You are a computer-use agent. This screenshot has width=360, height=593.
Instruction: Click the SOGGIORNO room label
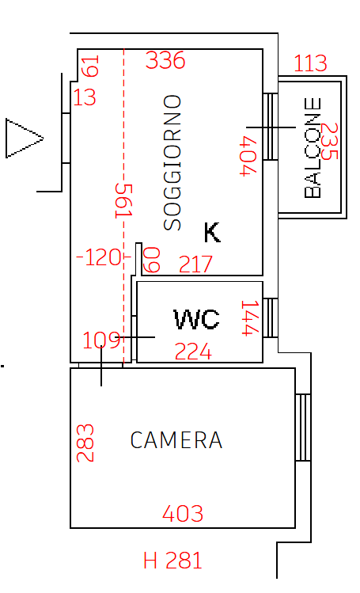tap(172, 162)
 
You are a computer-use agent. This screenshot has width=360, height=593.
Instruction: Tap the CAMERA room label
tap(176, 440)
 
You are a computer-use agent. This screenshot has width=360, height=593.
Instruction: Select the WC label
tap(196, 319)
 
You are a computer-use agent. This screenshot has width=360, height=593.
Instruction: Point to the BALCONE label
tap(313, 147)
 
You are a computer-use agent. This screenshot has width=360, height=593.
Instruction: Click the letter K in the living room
tap(212, 232)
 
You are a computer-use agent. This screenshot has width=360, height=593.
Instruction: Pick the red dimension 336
tap(165, 60)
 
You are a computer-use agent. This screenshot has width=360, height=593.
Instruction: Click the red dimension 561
tap(124, 201)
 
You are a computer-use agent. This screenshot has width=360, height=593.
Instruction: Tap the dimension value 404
tap(249, 156)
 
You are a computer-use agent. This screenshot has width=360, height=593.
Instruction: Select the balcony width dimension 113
tap(310, 63)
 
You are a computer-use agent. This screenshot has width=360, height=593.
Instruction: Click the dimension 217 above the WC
tap(195, 264)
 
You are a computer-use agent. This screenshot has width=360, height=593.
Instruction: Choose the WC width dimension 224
tap(193, 352)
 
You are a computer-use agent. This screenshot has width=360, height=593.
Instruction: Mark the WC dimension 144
tap(250, 318)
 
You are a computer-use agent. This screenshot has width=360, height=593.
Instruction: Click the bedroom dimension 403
tap(183, 514)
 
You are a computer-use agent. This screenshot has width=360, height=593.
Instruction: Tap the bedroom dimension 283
tap(85, 443)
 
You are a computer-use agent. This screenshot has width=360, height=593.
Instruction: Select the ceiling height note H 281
tap(172, 560)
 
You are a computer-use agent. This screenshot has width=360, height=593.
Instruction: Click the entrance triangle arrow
tap(25, 138)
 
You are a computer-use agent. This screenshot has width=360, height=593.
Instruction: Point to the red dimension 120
tap(99, 257)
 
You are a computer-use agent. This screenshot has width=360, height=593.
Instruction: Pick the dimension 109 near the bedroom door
tap(101, 340)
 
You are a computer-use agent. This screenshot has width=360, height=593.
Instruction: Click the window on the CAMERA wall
tap(303, 428)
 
